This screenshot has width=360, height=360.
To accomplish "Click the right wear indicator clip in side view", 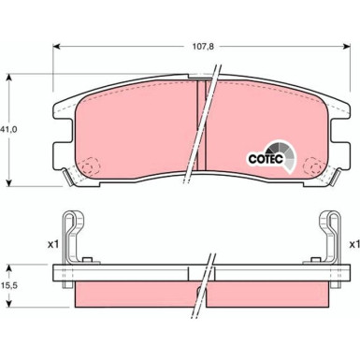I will [x=328, y=236].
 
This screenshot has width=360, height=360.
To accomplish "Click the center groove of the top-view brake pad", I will [x=201, y=122].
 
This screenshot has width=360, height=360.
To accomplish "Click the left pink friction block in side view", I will [x=131, y=296].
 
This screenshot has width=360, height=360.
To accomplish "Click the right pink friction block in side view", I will [x=271, y=296].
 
